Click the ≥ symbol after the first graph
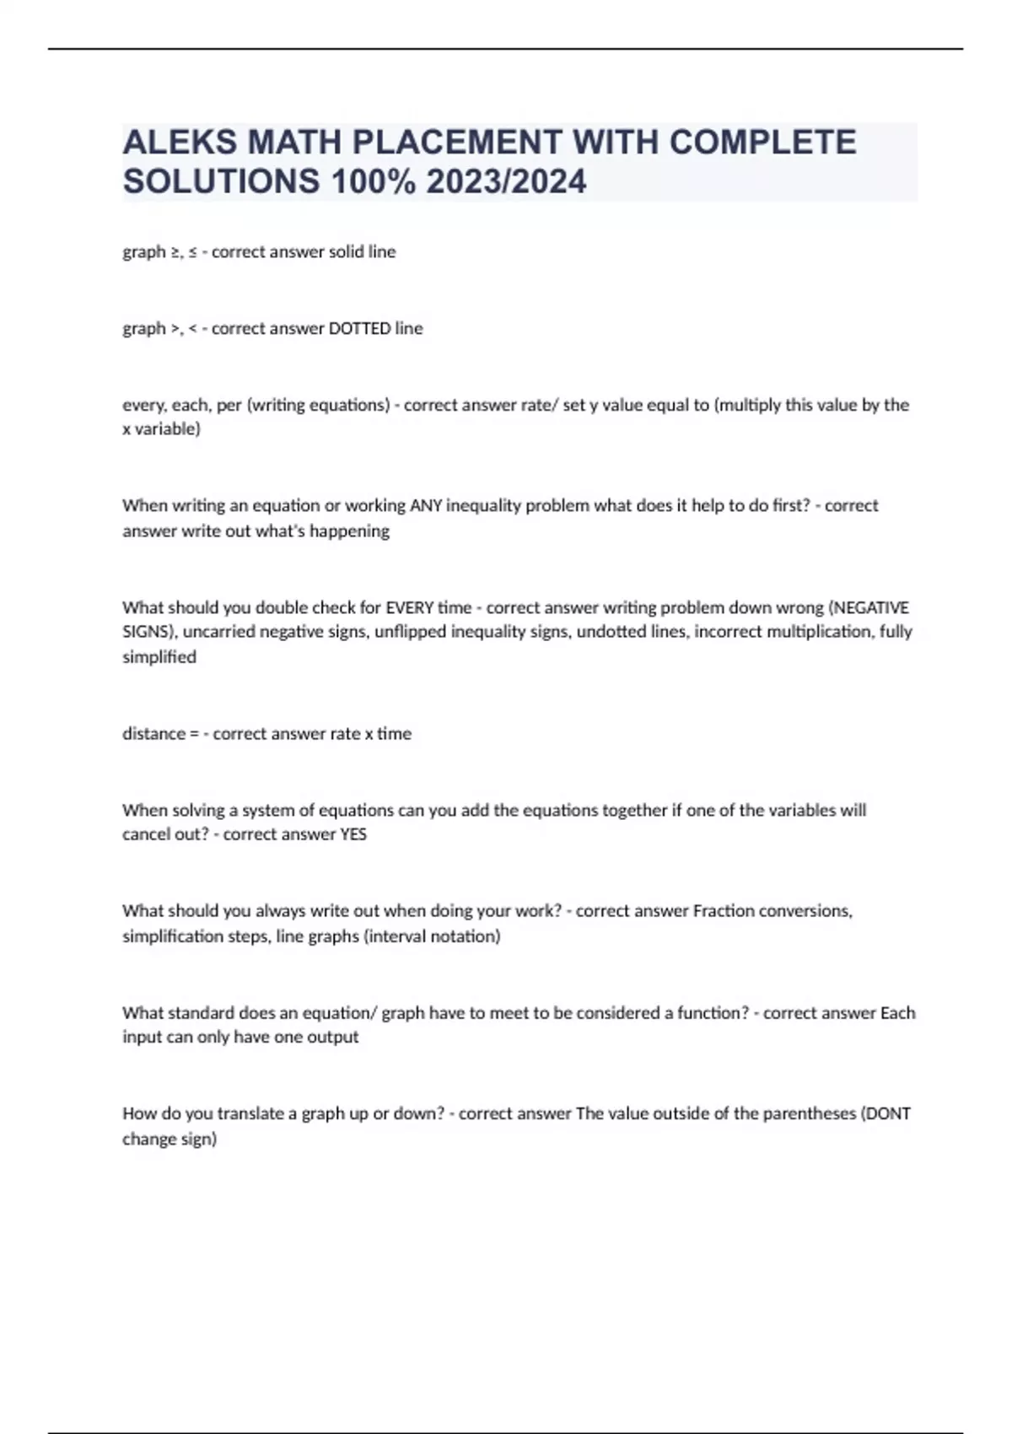[x=175, y=252]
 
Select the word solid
[x=326, y=251]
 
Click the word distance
[x=153, y=734]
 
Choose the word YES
[x=353, y=834]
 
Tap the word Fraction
[x=724, y=911]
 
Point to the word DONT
[x=888, y=1113]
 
